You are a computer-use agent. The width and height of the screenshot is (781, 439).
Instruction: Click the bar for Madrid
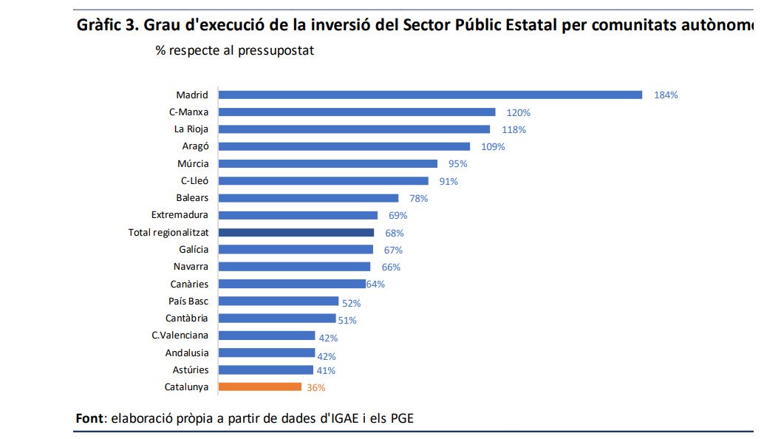pos(430,95)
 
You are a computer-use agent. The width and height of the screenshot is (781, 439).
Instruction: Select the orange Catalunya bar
pos(259,387)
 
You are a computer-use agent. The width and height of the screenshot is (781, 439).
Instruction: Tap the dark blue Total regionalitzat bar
pos(296,232)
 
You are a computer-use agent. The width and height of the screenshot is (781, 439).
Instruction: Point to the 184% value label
pos(666,95)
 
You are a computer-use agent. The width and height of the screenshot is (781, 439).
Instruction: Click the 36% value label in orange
pos(316,387)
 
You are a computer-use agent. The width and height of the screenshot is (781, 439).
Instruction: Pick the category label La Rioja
pos(191,129)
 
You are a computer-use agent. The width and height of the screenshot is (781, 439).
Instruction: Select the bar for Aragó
pos(344,146)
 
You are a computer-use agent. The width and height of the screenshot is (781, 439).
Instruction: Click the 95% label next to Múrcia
pos(458,164)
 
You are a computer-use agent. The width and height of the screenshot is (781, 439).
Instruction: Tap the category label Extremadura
pos(180,215)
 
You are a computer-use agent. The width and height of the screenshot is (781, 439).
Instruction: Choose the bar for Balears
pos(308,198)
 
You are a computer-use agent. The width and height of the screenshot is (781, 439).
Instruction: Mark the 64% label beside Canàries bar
pos(375,285)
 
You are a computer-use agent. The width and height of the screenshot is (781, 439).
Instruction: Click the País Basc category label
pos(188,301)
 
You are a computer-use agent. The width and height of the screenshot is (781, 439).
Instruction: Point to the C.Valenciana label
pos(180,336)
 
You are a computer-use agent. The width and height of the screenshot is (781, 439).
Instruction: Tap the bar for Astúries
pos(266,370)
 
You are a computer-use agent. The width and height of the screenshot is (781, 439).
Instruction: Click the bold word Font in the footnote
pos(89,418)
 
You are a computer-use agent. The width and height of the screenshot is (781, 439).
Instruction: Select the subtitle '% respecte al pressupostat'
pos(234,51)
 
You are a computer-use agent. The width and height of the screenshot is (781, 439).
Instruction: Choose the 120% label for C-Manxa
pos(518,113)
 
